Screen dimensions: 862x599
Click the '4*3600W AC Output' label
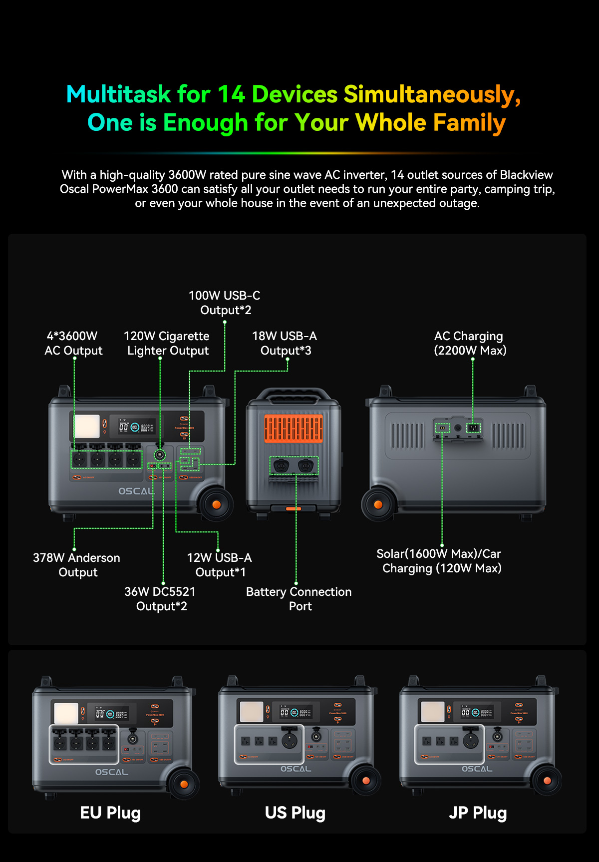tap(73, 343)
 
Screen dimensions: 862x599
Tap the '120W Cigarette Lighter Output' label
tap(167, 343)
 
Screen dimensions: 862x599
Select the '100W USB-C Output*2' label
tap(225, 303)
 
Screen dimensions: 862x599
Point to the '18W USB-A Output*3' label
tap(285, 343)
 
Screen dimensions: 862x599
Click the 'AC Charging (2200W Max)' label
tap(470, 343)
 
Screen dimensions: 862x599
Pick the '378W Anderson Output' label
tap(77, 565)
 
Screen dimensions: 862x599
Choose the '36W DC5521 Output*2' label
tap(161, 599)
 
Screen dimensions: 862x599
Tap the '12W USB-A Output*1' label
tap(220, 565)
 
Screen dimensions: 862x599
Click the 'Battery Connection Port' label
tap(299, 599)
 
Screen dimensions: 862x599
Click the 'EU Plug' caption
tap(110, 813)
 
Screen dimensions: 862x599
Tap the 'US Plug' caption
tap(295, 813)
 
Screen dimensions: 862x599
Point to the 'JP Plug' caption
tap(478, 813)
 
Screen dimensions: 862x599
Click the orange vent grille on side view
tap(294, 429)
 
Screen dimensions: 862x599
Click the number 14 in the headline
tap(231, 94)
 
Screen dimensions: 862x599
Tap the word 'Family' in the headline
tap(469, 123)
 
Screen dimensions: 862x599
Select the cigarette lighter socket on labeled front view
tap(160, 454)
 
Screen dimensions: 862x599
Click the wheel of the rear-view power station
tap(378, 505)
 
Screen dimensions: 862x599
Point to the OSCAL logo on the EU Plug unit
tap(112, 772)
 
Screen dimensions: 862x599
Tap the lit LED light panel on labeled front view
tap(87, 426)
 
